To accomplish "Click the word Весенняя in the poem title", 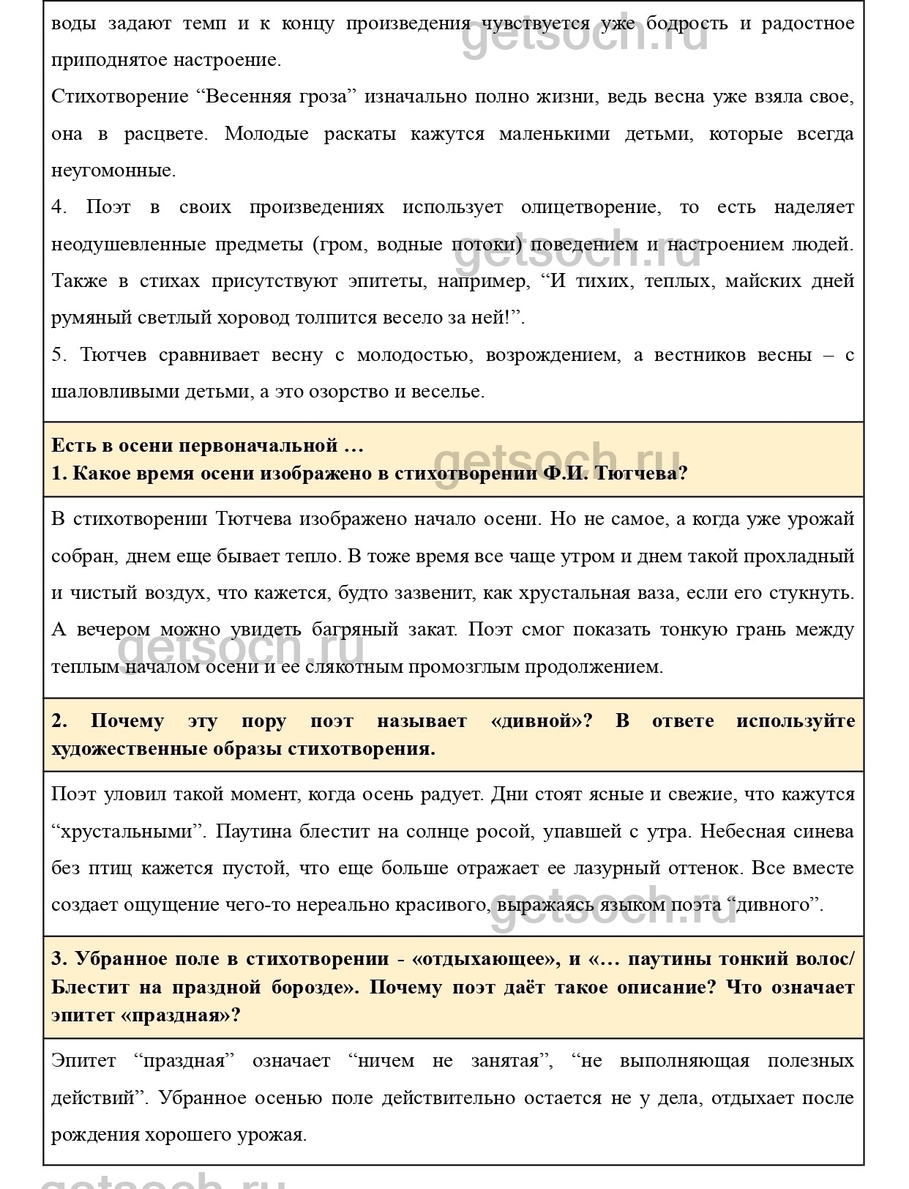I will pyautogui.click(x=247, y=97).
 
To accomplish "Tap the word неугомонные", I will pyautogui.click(x=113, y=171).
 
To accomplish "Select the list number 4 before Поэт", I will pyautogui.click(x=59, y=207).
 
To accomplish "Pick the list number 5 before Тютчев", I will pyautogui.click(x=59, y=355).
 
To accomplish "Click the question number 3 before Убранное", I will pyautogui.click(x=59, y=959).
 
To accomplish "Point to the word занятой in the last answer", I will pyautogui.click(x=512, y=1061).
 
